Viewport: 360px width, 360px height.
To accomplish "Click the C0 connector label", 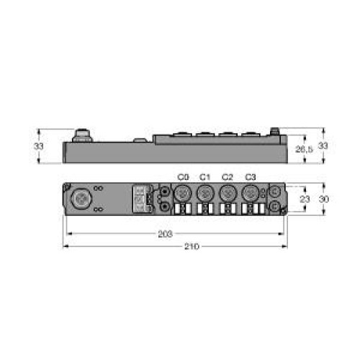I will coord(182,177).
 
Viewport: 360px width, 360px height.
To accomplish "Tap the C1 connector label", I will coord(204,177).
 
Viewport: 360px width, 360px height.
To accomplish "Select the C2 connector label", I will coord(228,177).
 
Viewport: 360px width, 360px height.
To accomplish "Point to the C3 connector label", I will coord(251,177).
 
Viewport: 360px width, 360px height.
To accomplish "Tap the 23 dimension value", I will coord(305,199).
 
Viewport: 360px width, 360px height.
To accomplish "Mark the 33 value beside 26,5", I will coord(323,146).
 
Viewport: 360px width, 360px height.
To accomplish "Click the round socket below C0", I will coord(183,192).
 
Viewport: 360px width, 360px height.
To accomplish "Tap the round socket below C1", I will coord(205,192).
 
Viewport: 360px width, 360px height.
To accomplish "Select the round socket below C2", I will coord(228,192).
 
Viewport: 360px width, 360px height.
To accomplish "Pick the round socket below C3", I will coord(250,192).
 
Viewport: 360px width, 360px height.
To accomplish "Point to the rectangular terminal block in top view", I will coord(140,199).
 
